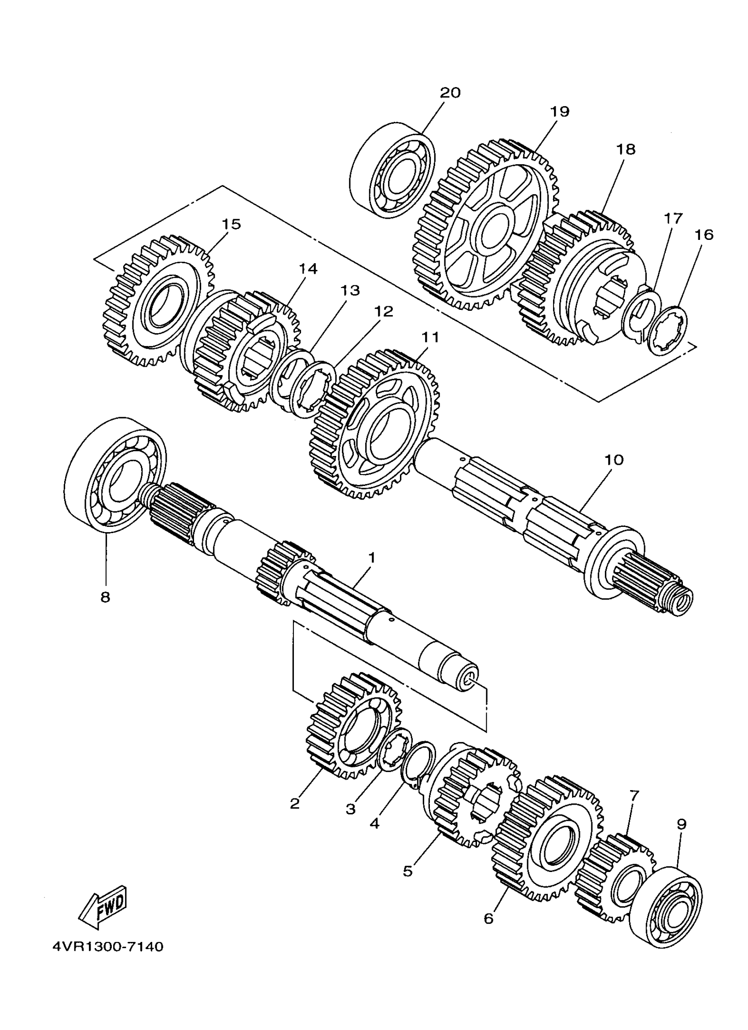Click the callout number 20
(450, 92)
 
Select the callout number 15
(231, 224)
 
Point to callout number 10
(614, 460)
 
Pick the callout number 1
(372, 557)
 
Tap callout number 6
(488, 918)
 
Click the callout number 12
(384, 312)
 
